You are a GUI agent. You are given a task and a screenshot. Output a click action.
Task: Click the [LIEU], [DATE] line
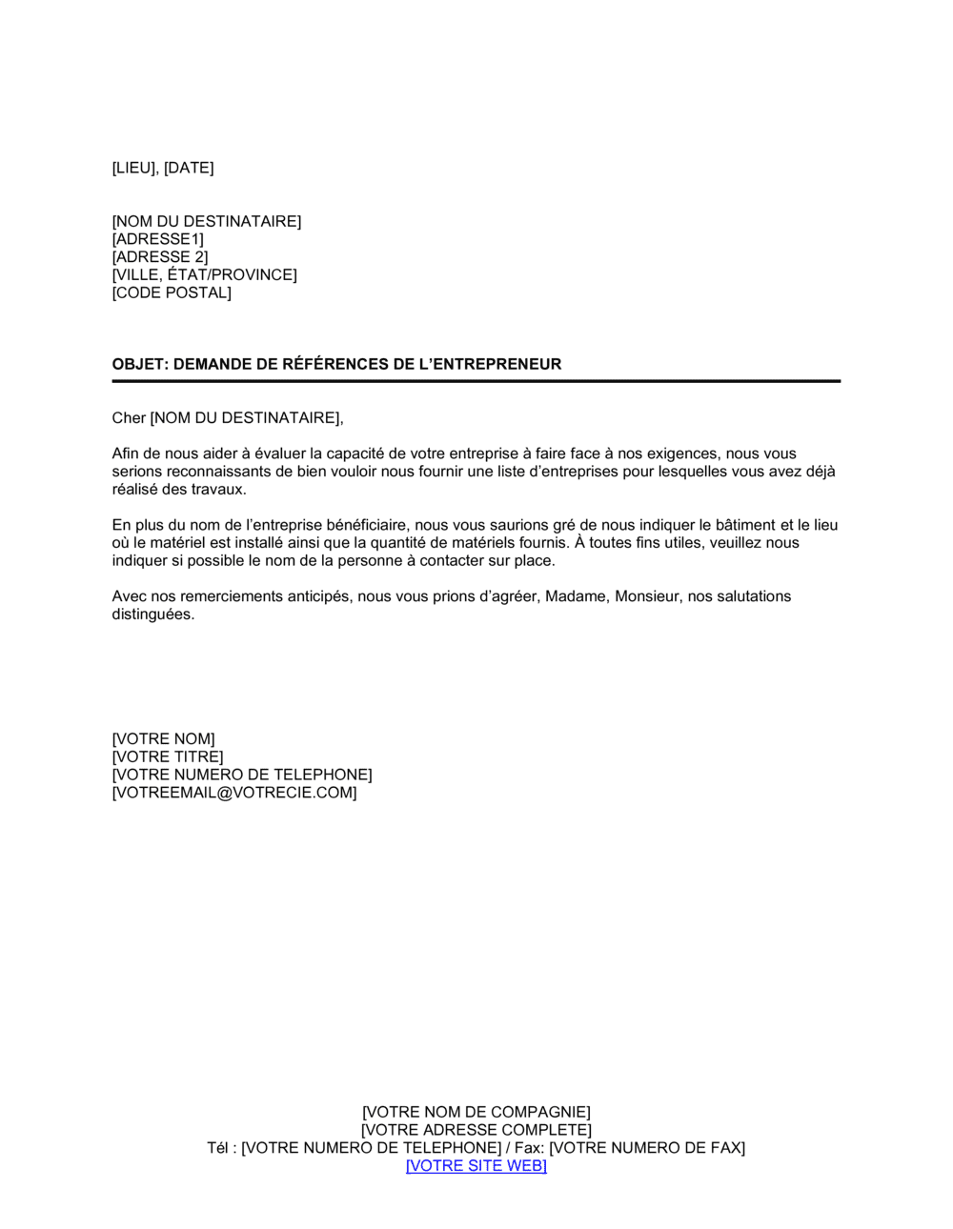click(163, 169)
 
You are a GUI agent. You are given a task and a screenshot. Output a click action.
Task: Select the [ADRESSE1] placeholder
click(158, 239)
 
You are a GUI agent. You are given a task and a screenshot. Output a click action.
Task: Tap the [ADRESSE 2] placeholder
click(160, 257)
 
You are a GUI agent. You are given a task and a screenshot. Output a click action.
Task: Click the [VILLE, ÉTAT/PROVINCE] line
click(205, 275)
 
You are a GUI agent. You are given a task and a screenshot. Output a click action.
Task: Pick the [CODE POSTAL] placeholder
click(172, 293)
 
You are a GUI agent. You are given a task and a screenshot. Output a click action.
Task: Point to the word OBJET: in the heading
click(140, 364)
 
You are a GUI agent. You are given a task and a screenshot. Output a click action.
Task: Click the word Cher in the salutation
click(129, 418)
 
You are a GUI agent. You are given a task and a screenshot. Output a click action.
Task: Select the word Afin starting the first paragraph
click(126, 453)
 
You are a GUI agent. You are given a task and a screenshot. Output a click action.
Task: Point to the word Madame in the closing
click(576, 596)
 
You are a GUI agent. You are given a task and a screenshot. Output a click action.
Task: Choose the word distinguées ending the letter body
click(153, 614)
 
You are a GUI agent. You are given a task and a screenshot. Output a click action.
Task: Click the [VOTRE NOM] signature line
click(164, 739)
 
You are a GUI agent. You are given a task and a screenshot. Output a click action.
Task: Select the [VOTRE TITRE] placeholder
click(168, 757)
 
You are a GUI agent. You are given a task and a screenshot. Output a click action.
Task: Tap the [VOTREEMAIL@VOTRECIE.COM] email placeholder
click(234, 793)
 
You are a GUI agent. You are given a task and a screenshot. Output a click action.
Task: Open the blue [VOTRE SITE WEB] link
click(476, 1166)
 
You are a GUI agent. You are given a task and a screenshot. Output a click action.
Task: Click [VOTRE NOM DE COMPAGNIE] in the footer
click(476, 1113)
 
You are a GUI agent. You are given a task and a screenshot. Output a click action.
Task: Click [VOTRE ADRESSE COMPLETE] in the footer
click(476, 1131)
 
